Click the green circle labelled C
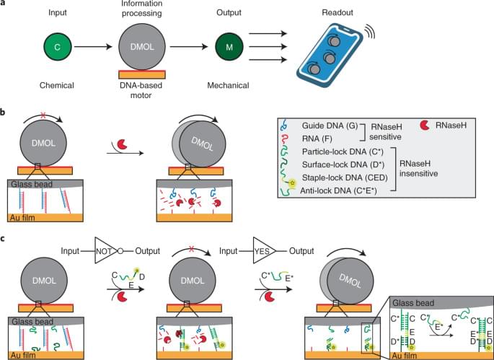tap(57, 48)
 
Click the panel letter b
tap(6, 113)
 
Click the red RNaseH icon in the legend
tap(424, 126)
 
